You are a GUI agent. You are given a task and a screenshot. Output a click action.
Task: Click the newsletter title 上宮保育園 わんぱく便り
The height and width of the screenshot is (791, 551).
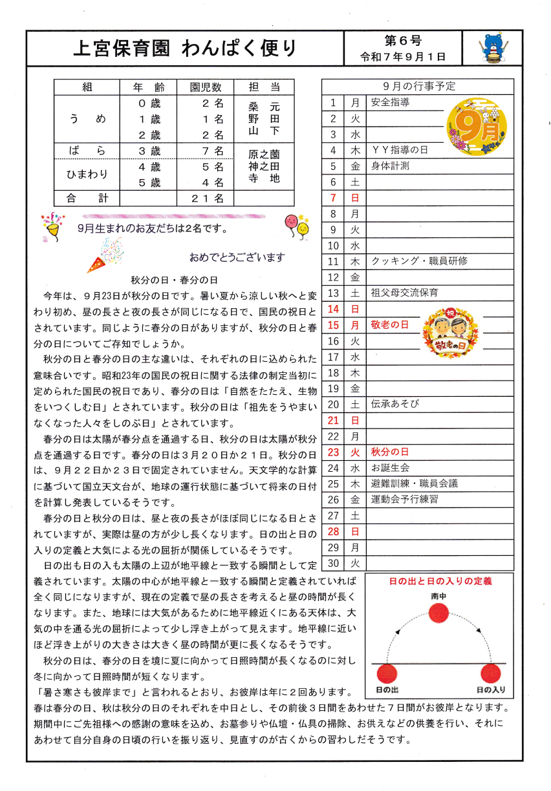coord(185,48)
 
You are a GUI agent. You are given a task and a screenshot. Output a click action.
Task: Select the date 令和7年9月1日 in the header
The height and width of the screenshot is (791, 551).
coord(404,57)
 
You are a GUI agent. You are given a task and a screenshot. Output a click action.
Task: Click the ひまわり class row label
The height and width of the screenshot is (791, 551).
coord(87,174)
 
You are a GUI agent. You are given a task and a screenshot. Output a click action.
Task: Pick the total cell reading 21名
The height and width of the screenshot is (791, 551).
coord(208,198)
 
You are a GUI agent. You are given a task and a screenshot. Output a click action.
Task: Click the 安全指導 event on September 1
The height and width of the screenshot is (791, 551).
coord(391,102)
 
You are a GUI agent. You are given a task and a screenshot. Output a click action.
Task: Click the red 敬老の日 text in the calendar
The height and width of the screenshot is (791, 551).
coord(390,324)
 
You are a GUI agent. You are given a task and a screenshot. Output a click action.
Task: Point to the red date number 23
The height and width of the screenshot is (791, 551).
coord(334,452)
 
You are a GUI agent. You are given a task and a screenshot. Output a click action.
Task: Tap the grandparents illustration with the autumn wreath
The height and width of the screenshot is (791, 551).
coord(449,331)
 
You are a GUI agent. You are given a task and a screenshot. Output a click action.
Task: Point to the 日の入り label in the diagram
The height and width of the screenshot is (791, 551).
coord(491,690)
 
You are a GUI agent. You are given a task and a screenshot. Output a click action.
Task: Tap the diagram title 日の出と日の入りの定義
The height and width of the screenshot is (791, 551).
coord(440,582)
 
